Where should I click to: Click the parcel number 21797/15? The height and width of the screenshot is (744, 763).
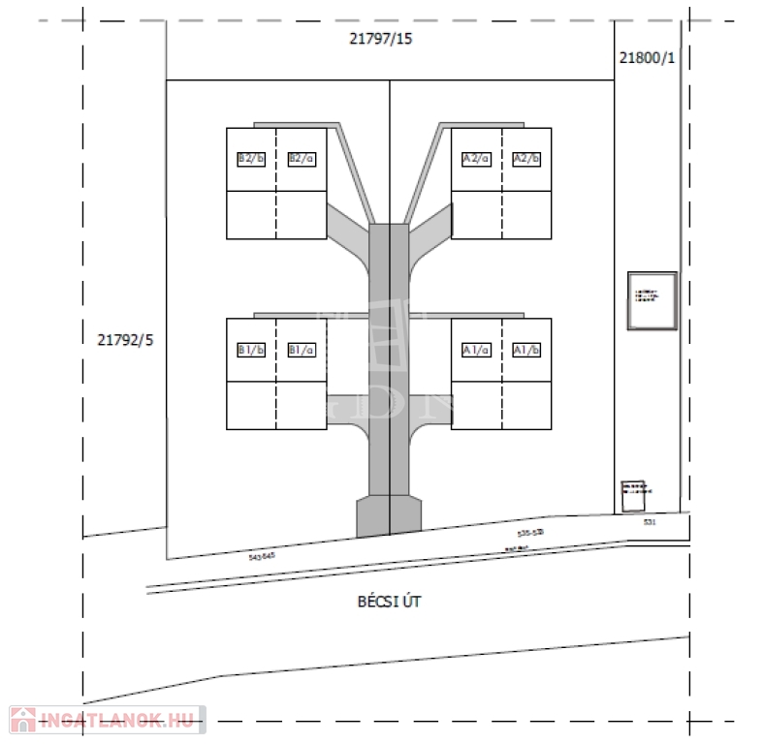381,40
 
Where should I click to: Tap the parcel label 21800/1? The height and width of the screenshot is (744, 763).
646,57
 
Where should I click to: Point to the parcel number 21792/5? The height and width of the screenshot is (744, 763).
126,339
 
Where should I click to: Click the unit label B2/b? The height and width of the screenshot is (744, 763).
251,158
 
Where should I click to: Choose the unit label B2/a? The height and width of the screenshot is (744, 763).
302,158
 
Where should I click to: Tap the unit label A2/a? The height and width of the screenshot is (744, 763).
476,158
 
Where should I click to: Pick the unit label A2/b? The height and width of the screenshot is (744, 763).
526,158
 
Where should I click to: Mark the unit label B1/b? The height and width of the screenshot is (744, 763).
251,350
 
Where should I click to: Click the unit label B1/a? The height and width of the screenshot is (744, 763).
302,350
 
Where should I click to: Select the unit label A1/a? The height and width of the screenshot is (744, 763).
476,350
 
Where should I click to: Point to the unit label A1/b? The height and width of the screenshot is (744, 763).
526,350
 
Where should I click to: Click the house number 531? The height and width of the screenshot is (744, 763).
649,522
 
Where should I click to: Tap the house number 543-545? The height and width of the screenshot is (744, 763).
262,556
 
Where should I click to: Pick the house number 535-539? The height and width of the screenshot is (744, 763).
530,533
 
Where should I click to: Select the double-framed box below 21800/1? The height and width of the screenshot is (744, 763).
652,300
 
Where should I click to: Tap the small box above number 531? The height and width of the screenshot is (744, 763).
635,495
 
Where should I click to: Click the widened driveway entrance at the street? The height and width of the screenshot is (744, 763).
389,516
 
